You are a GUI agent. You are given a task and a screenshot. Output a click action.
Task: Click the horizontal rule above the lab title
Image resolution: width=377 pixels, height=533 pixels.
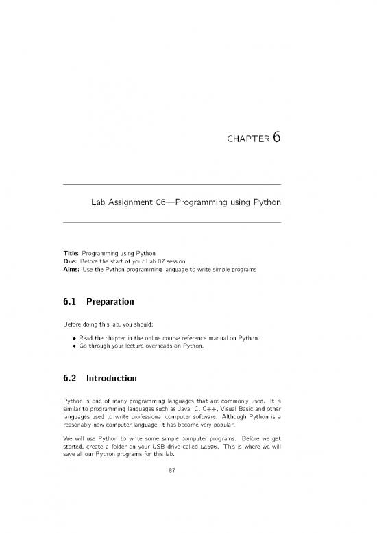(x=171, y=185)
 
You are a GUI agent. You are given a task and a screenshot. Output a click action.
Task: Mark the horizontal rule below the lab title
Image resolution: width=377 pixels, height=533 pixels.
(x=171, y=222)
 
